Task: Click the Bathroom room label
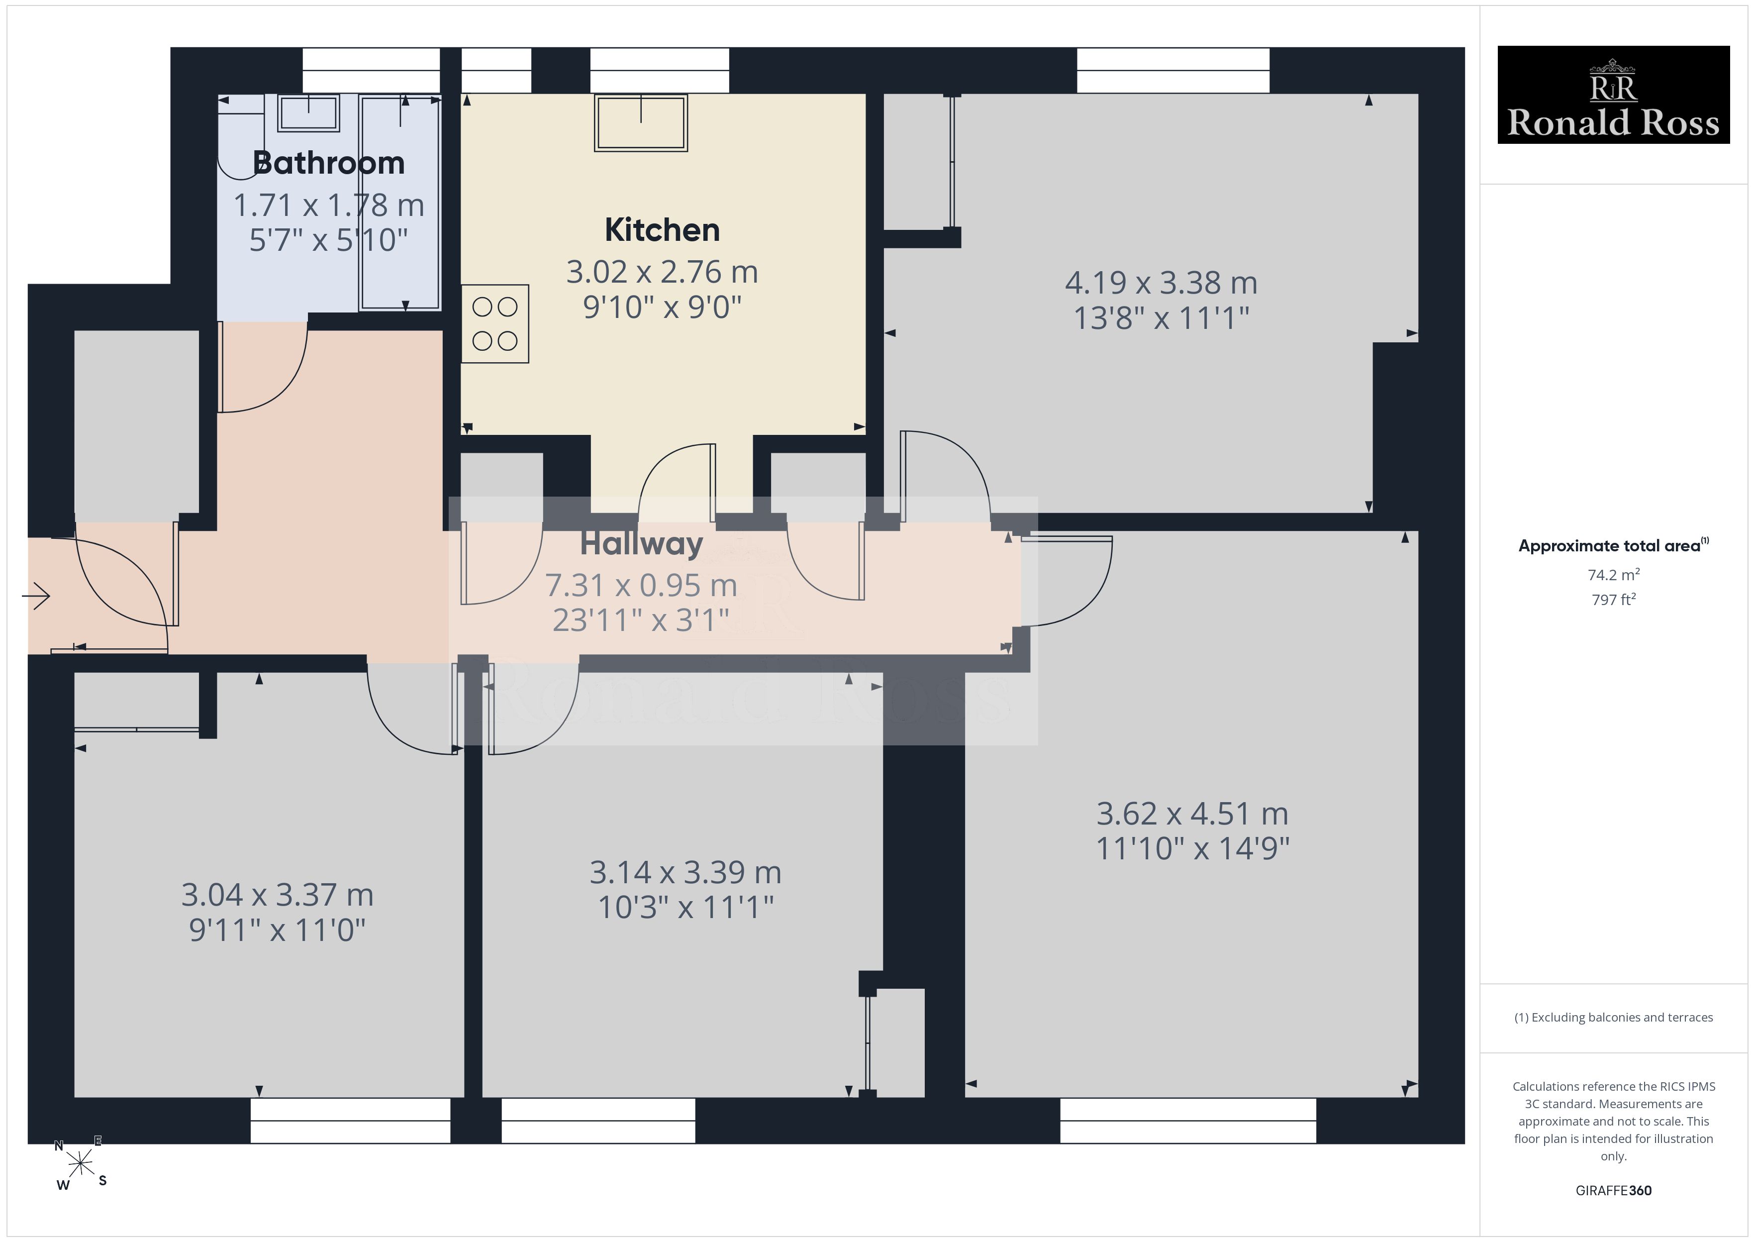pyautogui.click(x=329, y=163)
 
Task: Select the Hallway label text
pyautogui.click(x=641, y=544)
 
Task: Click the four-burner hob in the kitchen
pyautogui.click(x=494, y=323)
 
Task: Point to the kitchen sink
pyautogui.click(x=641, y=122)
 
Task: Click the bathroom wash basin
pyautogui.click(x=308, y=113)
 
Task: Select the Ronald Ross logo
pyautogui.click(x=1613, y=95)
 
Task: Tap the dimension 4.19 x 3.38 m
pyautogui.click(x=1161, y=283)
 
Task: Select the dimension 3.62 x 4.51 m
pyautogui.click(x=1192, y=814)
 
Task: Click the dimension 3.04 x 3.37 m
pyautogui.click(x=277, y=895)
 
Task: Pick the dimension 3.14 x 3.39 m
pyautogui.click(x=685, y=872)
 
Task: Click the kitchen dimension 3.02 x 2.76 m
pyautogui.click(x=662, y=272)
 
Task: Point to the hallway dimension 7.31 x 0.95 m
pyautogui.click(x=641, y=585)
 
